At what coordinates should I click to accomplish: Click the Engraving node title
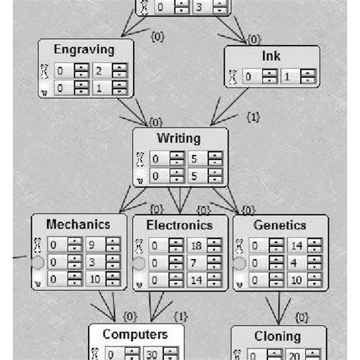tap(85, 50)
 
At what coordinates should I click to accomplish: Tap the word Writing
tap(179, 139)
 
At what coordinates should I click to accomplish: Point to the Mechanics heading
tap(78, 225)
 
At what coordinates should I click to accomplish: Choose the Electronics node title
tap(180, 225)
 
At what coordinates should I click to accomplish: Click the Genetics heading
tap(280, 225)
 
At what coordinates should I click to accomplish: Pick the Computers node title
tap(135, 334)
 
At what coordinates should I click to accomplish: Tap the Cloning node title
tap(278, 336)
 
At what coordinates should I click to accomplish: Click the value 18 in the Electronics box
tap(196, 245)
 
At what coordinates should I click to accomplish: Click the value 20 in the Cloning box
tap(292, 355)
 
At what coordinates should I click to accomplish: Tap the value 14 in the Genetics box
tap(295, 245)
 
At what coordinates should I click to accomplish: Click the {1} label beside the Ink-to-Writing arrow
tap(254, 118)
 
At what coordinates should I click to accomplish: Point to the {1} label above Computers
tap(181, 316)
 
